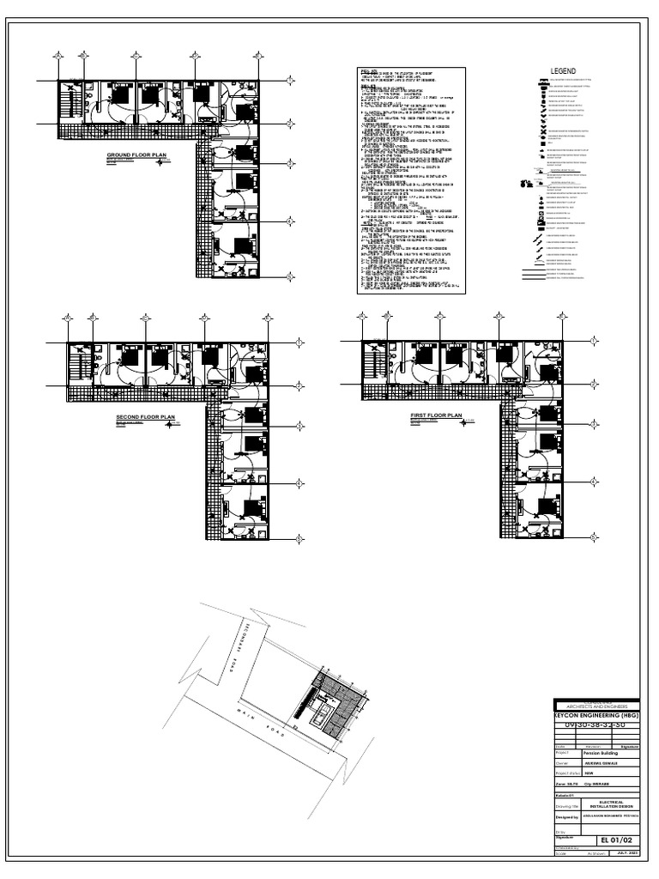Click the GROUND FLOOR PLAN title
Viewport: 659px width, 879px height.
(x=136, y=156)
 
